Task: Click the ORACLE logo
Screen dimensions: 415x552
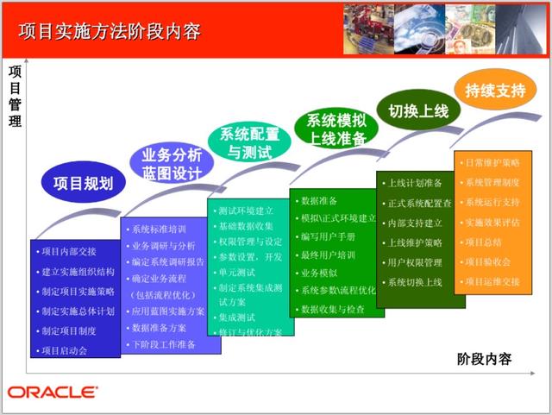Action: (53, 393)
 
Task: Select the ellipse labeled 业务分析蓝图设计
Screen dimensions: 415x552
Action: (172, 163)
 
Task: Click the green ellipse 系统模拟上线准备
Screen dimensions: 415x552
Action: (336, 129)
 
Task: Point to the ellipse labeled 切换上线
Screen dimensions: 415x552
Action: (418, 111)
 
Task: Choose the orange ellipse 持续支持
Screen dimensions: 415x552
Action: (494, 91)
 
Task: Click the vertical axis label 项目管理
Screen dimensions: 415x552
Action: (15, 96)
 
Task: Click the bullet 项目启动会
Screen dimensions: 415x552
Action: (65, 350)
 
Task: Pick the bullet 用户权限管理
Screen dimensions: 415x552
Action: (414, 262)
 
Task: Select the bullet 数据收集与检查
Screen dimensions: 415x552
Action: (332, 308)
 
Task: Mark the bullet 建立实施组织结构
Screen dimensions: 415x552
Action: (78, 272)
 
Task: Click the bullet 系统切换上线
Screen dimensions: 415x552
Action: (414, 282)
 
